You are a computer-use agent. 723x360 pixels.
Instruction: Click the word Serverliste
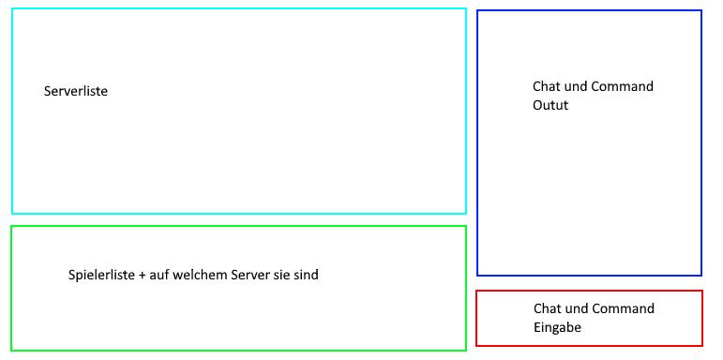(x=76, y=91)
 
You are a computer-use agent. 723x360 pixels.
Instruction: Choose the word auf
(x=157, y=276)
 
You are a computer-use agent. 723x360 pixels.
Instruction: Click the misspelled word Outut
(x=550, y=105)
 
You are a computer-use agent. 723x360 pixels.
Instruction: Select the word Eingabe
(x=557, y=327)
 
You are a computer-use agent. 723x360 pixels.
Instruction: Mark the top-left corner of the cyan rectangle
(x=12, y=8)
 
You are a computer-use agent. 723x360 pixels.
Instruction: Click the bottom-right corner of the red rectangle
(x=702, y=346)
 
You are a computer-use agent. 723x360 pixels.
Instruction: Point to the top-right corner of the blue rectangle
(x=701, y=10)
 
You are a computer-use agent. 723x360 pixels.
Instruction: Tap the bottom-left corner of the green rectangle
(x=11, y=351)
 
